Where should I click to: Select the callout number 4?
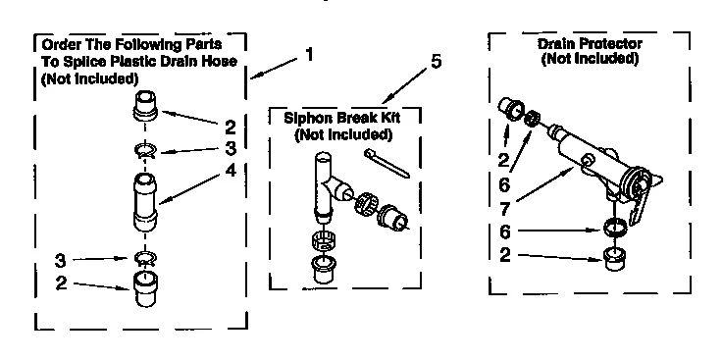231,170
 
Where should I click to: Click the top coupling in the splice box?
146,104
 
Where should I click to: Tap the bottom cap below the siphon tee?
322,270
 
